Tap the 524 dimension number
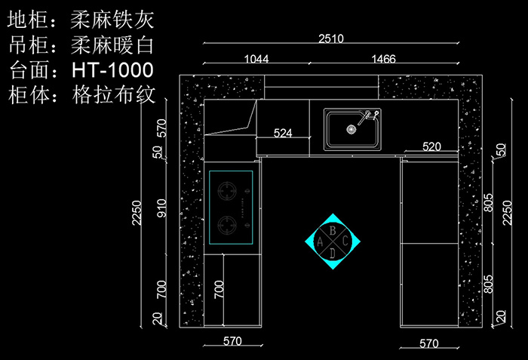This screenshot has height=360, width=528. [283, 133]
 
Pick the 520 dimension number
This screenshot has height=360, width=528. [431, 146]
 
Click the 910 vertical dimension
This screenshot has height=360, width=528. [160, 208]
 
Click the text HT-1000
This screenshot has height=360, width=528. [113, 70]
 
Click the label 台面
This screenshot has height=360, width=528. [28, 70]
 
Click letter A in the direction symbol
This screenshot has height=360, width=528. [321, 242]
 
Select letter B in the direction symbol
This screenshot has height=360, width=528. [333, 229]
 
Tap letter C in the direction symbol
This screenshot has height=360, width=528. [345, 242]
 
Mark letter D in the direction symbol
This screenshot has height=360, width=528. [333, 254]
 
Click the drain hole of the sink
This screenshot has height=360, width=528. [349, 130]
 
